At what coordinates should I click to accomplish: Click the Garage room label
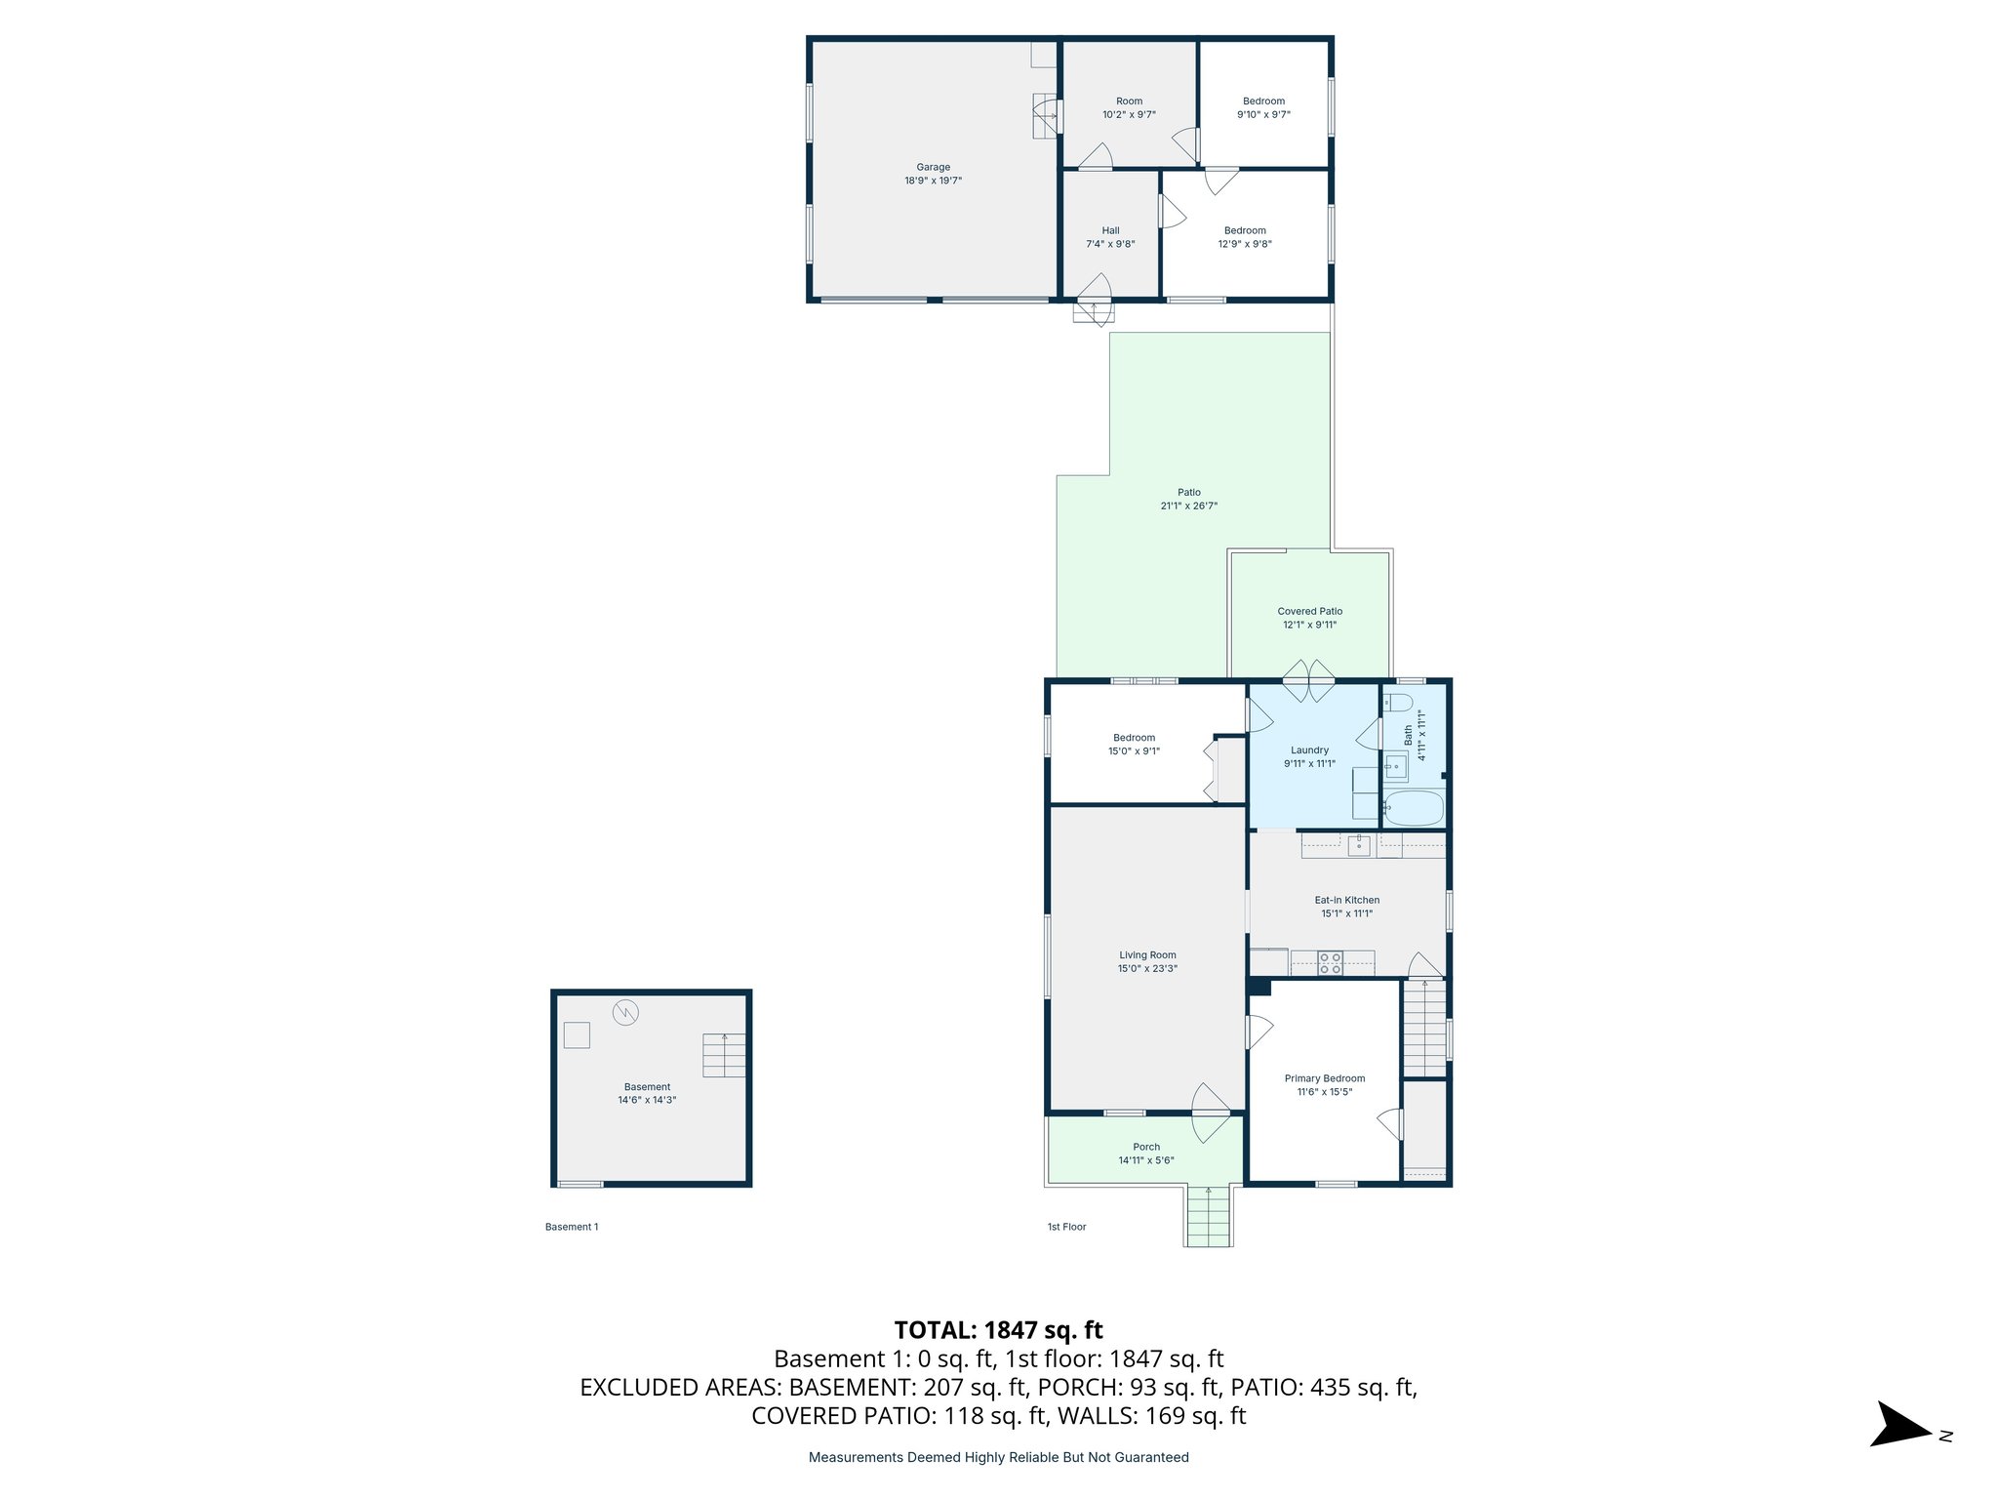point(933,167)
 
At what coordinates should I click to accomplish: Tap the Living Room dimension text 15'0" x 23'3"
point(1147,969)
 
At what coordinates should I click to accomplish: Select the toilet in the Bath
point(1398,703)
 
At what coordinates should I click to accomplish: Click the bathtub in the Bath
point(1414,808)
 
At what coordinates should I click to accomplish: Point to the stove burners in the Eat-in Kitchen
point(1330,963)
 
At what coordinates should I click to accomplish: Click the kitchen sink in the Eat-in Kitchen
point(1359,845)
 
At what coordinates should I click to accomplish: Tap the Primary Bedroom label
point(1324,1078)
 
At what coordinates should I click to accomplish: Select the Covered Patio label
point(1309,611)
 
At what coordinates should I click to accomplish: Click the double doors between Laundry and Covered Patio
point(1308,681)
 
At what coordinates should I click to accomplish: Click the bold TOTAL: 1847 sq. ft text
point(998,1330)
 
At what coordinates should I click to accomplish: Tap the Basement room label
point(647,1086)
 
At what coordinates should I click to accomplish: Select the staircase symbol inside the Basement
point(724,1055)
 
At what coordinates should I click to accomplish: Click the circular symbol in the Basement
point(624,1012)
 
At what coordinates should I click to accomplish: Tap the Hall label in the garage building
point(1110,230)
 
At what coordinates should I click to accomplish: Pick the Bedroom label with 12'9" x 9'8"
point(1245,230)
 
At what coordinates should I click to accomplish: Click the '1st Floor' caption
point(1066,1227)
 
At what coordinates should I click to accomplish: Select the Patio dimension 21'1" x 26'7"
point(1188,506)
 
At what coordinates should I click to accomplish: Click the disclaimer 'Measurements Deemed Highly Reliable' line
point(998,1457)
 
